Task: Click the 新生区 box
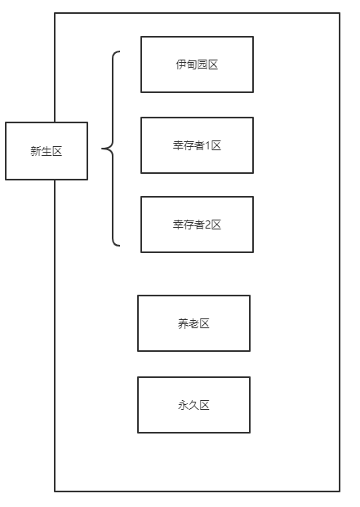pyautogui.click(x=47, y=151)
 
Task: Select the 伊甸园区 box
pyautogui.click(x=197, y=64)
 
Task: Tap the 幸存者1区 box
pyautogui.click(x=197, y=145)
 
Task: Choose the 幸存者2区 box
pyautogui.click(x=197, y=225)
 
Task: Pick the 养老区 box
pyautogui.click(x=193, y=323)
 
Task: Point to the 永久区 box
pyautogui.click(x=193, y=405)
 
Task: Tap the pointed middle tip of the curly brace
pyautogui.click(x=103, y=149)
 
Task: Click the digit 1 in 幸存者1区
pyautogui.click(x=207, y=145)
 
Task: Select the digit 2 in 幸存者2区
pyautogui.click(x=207, y=225)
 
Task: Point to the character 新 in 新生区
pyautogui.click(x=36, y=151)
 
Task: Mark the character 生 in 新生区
pyautogui.click(x=47, y=151)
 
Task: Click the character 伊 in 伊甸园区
pyautogui.click(x=180, y=64)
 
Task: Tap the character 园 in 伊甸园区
pyautogui.click(x=202, y=64)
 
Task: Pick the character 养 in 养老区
pyautogui.click(x=183, y=323)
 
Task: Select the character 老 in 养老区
pyautogui.click(x=193, y=323)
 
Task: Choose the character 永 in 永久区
pyautogui.click(x=183, y=405)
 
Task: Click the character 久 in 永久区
pyautogui.click(x=193, y=405)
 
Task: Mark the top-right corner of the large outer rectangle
pyautogui.click(x=339, y=13)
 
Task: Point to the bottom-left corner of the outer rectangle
pyautogui.click(x=55, y=491)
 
